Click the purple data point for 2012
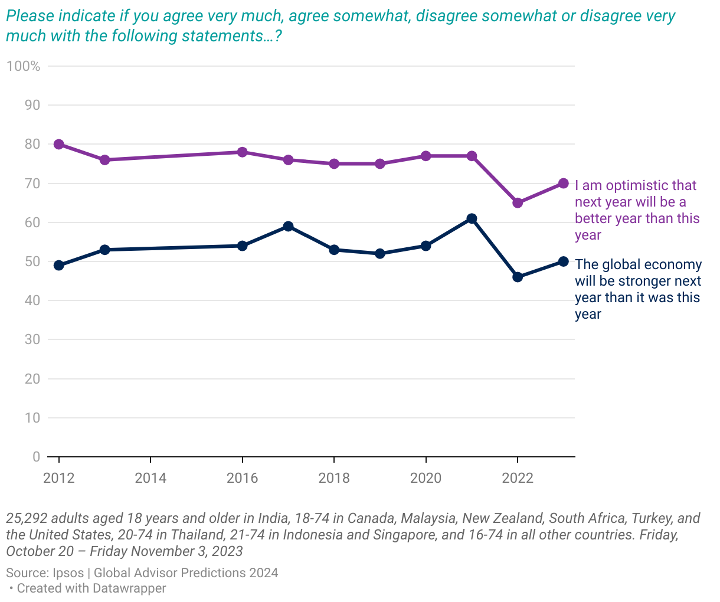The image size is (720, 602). tap(59, 145)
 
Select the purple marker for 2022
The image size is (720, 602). tap(518, 203)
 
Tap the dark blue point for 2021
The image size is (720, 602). tap(472, 219)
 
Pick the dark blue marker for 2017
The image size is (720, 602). tap(288, 227)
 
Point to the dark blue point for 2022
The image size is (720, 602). tap(518, 277)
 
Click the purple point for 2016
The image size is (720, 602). tap(242, 152)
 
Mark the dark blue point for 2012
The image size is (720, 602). tap(59, 266)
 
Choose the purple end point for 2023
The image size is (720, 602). tap(564, 184)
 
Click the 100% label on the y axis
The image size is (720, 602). tap(24, 66)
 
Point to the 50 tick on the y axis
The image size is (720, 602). tap(32, 261)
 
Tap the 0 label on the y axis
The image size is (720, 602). tap(37, 457)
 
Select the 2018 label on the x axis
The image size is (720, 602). tap(334, 478)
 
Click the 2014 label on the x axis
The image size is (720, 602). tap(150, 478)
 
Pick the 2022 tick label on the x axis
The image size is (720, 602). tap(518, 478)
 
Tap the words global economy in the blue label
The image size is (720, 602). tap(652, 265)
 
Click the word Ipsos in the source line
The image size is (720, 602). tap(67, 573)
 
